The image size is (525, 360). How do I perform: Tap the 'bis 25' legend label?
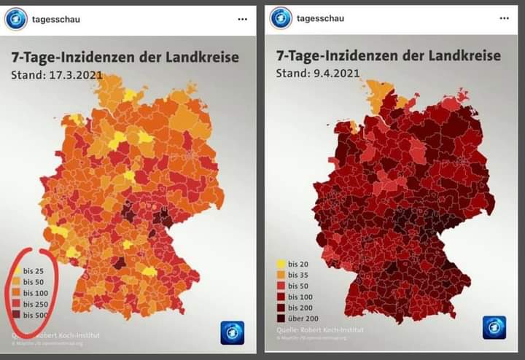(x=34, y=270)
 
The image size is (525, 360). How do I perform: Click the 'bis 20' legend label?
(x=298, y=264)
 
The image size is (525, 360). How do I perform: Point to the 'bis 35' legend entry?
(x=298, y=275)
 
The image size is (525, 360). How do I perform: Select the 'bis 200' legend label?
(x=300, y=308)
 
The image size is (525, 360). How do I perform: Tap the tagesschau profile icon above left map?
(x=15, y=19)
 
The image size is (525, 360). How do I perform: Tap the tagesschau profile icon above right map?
(x=281, y=18)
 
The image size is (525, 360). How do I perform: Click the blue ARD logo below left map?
(x=232, y=332)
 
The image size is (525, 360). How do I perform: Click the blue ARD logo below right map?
(x=494, y=327)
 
